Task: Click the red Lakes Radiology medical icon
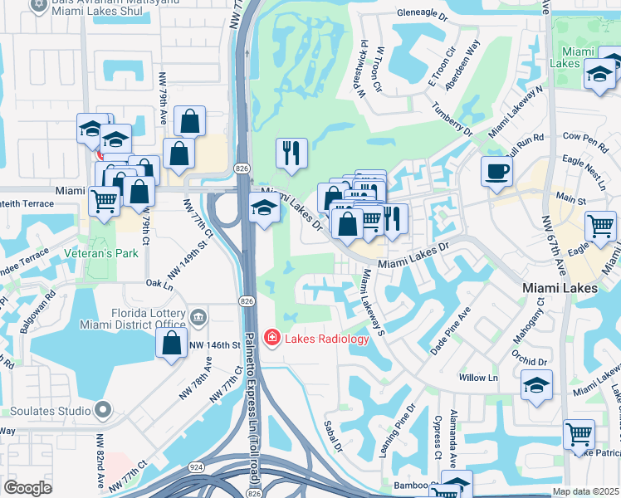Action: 271,337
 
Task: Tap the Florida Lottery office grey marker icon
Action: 198,315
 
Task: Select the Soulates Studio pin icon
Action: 102,410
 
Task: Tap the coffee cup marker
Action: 496,171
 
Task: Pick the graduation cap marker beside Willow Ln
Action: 537,385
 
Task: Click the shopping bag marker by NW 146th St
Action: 171,344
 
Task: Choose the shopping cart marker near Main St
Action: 599,225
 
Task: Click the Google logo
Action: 28,488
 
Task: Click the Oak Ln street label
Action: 162,283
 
